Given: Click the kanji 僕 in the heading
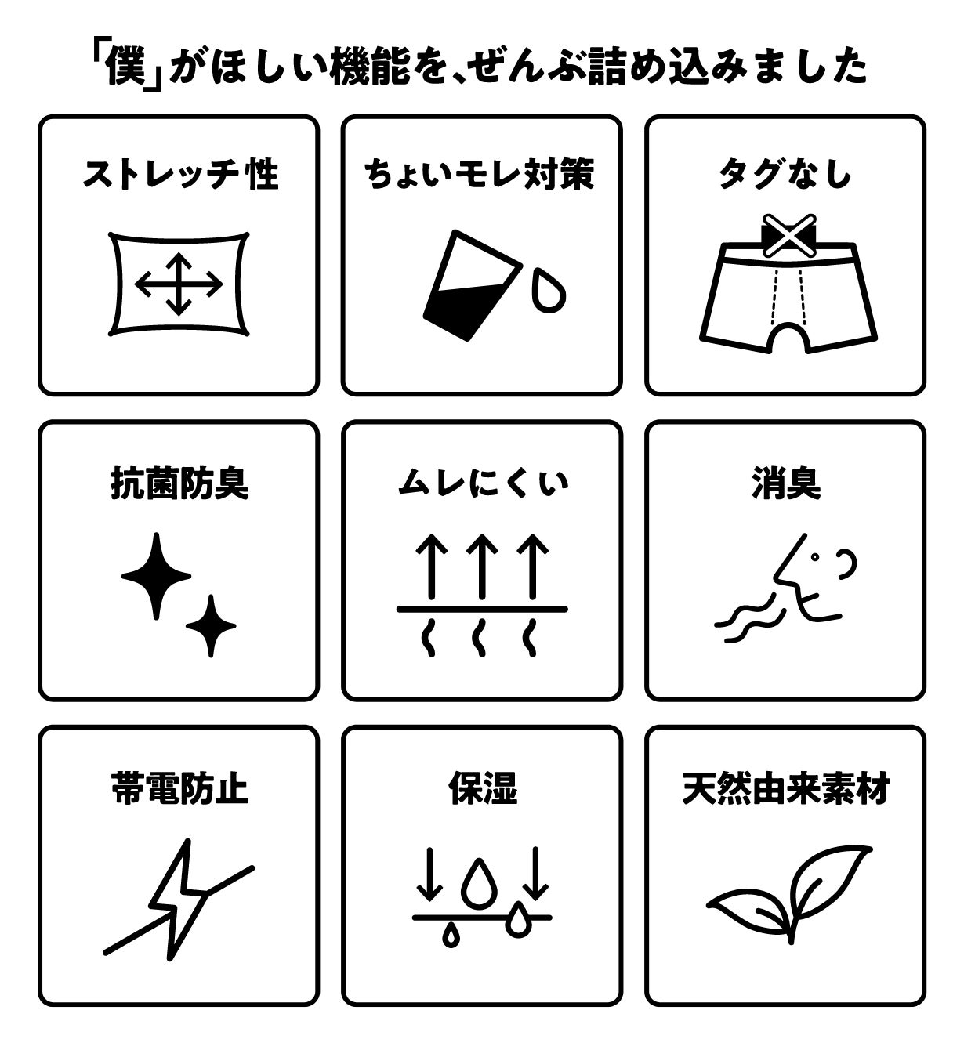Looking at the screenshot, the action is [125, 67].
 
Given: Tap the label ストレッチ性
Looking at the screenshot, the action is [180, 174].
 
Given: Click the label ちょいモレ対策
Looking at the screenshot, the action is [480, 174].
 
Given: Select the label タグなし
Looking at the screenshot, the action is [785, 174].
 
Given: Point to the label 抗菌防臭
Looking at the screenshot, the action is [179, 483].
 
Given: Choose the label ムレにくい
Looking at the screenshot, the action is [483, 483].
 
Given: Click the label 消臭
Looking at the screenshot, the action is [786, 483].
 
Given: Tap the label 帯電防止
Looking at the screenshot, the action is [179, 788].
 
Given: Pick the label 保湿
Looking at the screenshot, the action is [483, 788].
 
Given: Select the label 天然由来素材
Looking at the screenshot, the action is [786, 788].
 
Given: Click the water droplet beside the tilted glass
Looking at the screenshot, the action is [549, 291].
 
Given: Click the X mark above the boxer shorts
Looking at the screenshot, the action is [788, 236].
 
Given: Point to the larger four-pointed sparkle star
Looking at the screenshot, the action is [156, 576].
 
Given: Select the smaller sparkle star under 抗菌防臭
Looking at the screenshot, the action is [211, 625].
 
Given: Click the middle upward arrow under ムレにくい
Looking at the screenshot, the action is [482, 567].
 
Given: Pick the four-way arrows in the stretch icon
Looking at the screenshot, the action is [179, 284].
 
